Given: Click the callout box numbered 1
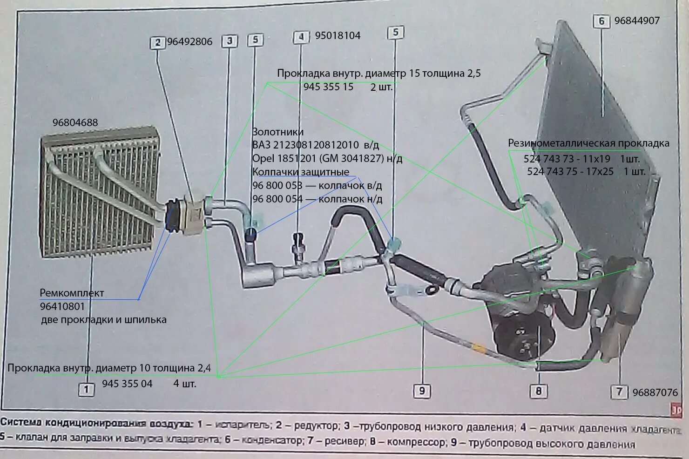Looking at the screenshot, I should click(86, 389).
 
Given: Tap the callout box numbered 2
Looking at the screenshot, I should click(158, 42).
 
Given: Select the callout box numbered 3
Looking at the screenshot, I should click(230, 41).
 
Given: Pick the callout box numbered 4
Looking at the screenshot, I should click(301, 37).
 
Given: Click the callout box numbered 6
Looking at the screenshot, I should click(601, 21).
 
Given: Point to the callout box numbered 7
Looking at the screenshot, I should click(619, 391).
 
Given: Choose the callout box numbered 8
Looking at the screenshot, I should click(538, 390).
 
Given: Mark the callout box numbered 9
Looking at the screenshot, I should click(422, 390).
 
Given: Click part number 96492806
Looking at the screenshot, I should click(189, 42).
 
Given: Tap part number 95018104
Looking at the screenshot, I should click(338, 36).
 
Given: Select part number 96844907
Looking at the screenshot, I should click(637, 20).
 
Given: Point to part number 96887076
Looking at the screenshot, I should click(655, 392).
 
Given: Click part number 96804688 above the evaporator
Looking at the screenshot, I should click(75, 123).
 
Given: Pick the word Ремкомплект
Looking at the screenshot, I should click(72, 293).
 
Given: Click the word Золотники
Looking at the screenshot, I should click(278, 132).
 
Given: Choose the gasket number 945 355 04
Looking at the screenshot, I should click(127, 384).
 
